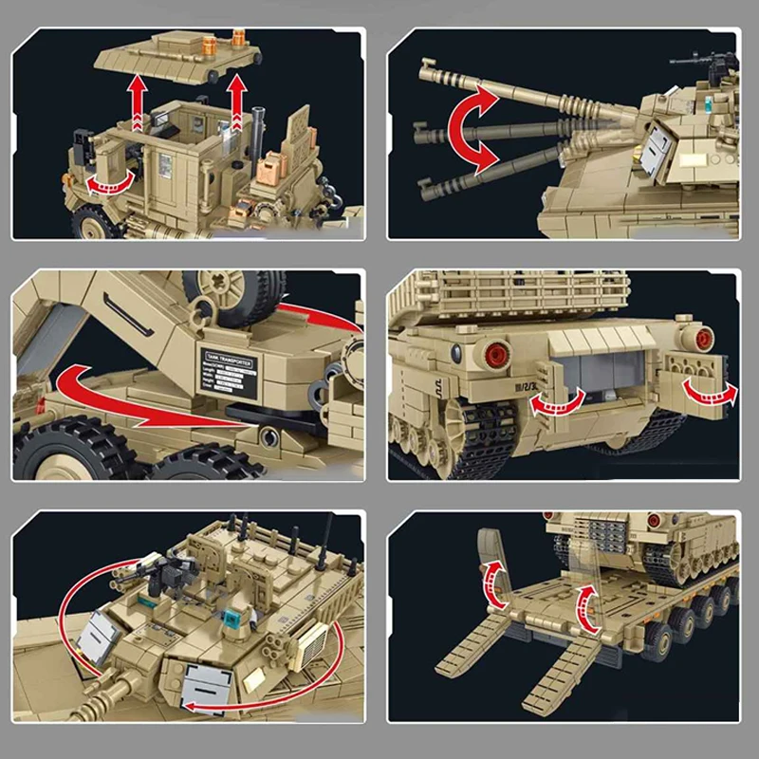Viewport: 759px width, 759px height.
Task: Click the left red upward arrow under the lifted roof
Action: (x=139, y=103)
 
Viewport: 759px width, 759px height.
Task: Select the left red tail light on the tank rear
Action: (x=493, y=355)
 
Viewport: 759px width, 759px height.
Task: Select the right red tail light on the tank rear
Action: (x=703, y=336)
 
